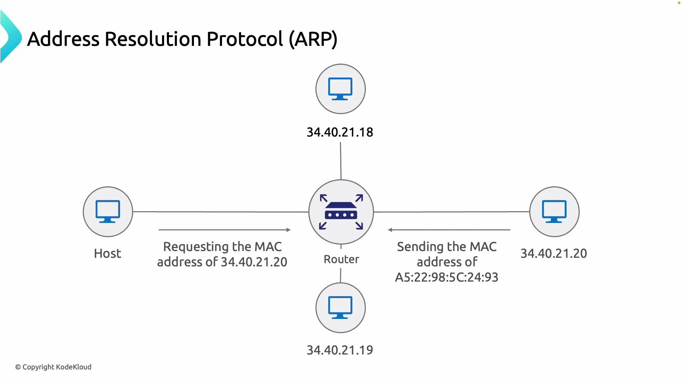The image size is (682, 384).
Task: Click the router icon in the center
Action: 341,212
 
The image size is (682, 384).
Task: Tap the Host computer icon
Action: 108,212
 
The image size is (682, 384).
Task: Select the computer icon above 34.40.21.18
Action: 340,89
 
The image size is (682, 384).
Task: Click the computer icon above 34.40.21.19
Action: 340,308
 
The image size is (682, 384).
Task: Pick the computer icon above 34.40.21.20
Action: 554,212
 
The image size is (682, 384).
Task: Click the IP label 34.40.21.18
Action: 340,132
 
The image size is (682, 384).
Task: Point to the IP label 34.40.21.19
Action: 340,350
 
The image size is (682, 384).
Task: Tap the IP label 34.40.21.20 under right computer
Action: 553,254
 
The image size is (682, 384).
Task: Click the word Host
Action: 108,254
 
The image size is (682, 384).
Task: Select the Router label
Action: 341,259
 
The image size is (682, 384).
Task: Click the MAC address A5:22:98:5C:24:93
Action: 446,277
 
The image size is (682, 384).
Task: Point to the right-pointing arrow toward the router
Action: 224,230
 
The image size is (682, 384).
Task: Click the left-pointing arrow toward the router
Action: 449,230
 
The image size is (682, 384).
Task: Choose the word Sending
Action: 421,247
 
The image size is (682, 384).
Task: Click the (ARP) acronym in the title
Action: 313,39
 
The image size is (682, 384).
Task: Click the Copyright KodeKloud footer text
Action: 53,367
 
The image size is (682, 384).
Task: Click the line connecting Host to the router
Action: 220,212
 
